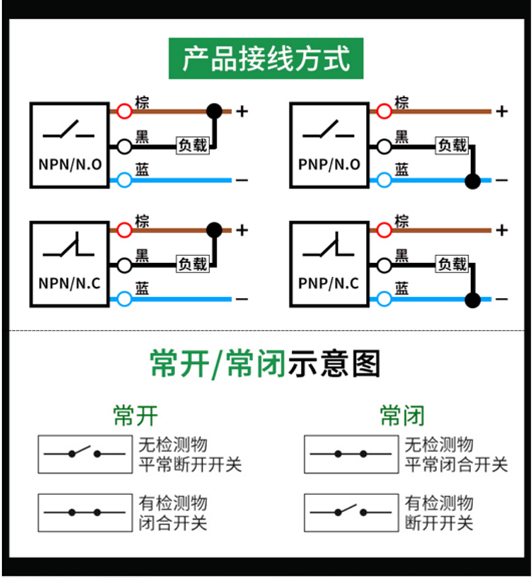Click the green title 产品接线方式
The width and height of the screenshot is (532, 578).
[x=266, y=58]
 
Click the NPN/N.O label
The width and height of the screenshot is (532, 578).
[x=70, y=165]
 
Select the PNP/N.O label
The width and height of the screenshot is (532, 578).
[x=329, y=165]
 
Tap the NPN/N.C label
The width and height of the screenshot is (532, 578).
[x=70, y=283]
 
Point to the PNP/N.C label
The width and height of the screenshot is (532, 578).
[x=328, y=283]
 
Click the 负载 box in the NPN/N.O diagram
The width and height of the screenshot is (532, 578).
[x=193, y=145]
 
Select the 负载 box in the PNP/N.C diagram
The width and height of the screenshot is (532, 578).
[x=452, y=264]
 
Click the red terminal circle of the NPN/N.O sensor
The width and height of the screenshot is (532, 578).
[x=124, y=111]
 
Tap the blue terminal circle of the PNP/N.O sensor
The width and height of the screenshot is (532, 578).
[x=384, y=180]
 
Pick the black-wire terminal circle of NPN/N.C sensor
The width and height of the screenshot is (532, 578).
[x=124, y=265]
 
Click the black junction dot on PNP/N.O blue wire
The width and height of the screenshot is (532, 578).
[x=472, y=181]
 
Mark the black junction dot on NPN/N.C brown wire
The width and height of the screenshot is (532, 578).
[x=214, y=230]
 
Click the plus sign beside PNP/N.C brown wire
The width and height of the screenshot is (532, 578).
[x=501, y=230]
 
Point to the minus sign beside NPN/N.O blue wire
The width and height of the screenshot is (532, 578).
[x=242, y=180]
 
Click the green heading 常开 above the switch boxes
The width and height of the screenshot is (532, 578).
[x=135, y=416]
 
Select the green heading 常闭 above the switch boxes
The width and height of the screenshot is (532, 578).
[x=402, y=416]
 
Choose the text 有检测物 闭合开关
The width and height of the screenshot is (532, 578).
[x=173, y=513]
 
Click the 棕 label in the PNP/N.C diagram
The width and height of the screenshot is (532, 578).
[x=401, y=221]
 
